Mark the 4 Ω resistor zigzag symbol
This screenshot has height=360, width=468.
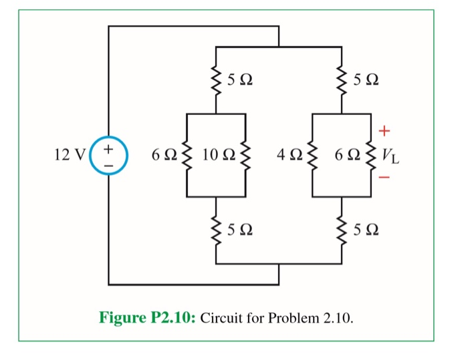click(x=312, y=156)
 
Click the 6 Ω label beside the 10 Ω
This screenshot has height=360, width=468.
click(x=162, y=156)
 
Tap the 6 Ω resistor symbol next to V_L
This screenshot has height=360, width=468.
click(x=372, y=156)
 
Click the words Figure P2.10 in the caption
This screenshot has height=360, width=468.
click(x=146, y=316)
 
